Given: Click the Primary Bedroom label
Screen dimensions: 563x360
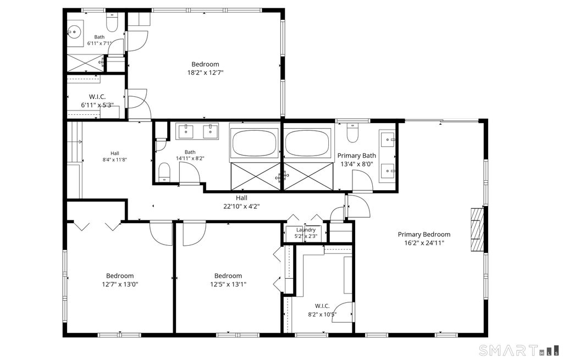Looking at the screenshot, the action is (x=424, y=234).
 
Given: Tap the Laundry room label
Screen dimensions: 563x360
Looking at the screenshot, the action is (x=306, y=230).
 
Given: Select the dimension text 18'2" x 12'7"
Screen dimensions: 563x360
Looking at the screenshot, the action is (x=206, y=73).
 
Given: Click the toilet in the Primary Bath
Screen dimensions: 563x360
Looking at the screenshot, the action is (x=352, y=133).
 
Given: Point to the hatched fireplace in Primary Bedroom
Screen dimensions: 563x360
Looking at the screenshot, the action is (x=477, y=230).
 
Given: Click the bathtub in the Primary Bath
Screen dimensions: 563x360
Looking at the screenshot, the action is (x=308, y=143).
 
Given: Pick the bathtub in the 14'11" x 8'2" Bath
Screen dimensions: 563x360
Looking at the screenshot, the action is (x=255, y=143).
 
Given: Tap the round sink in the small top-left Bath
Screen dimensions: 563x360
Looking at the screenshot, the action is (x=74, y=32).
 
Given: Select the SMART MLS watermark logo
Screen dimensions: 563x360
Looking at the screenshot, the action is (x=519, y=350).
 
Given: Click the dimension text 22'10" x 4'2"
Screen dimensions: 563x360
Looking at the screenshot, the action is (x=241, y=206).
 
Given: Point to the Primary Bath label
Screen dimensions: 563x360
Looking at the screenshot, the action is (x=356, y=156).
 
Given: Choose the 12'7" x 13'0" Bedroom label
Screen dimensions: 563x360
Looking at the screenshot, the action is (x=120, y=276).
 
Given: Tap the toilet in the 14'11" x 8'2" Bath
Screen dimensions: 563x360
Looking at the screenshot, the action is (x=164, y=171).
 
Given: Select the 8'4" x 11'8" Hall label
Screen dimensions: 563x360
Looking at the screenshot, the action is (x=115, y=153).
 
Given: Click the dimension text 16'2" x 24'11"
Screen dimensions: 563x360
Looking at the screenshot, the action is (x=424, y=243).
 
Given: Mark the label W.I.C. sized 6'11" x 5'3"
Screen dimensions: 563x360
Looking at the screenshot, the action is (x=97, y=97).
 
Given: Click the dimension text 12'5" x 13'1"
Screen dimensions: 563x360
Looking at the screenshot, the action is (x=228, y=285).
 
